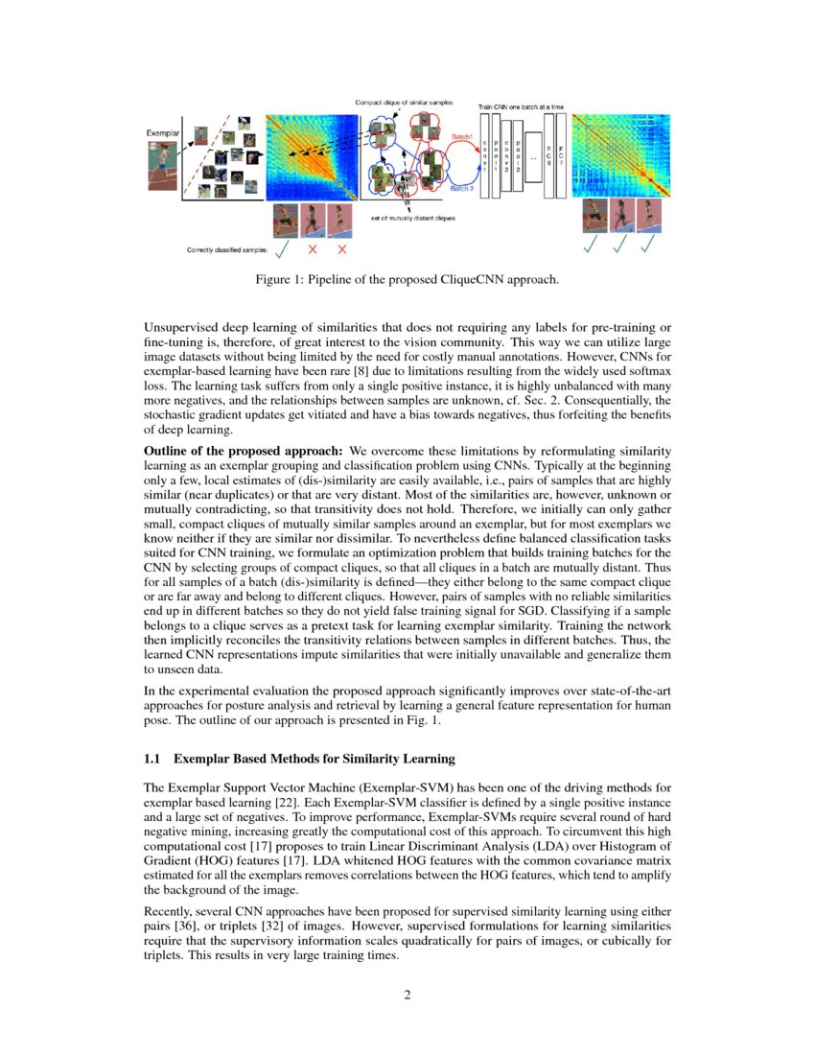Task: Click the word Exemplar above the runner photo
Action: (x=163, y=130)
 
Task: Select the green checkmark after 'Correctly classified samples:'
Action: (x=281, y=250)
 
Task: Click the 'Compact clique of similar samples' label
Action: (x=404, y=102)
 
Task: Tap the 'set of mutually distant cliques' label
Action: (x=412, y=220)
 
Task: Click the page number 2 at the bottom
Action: (x=407, y=995)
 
